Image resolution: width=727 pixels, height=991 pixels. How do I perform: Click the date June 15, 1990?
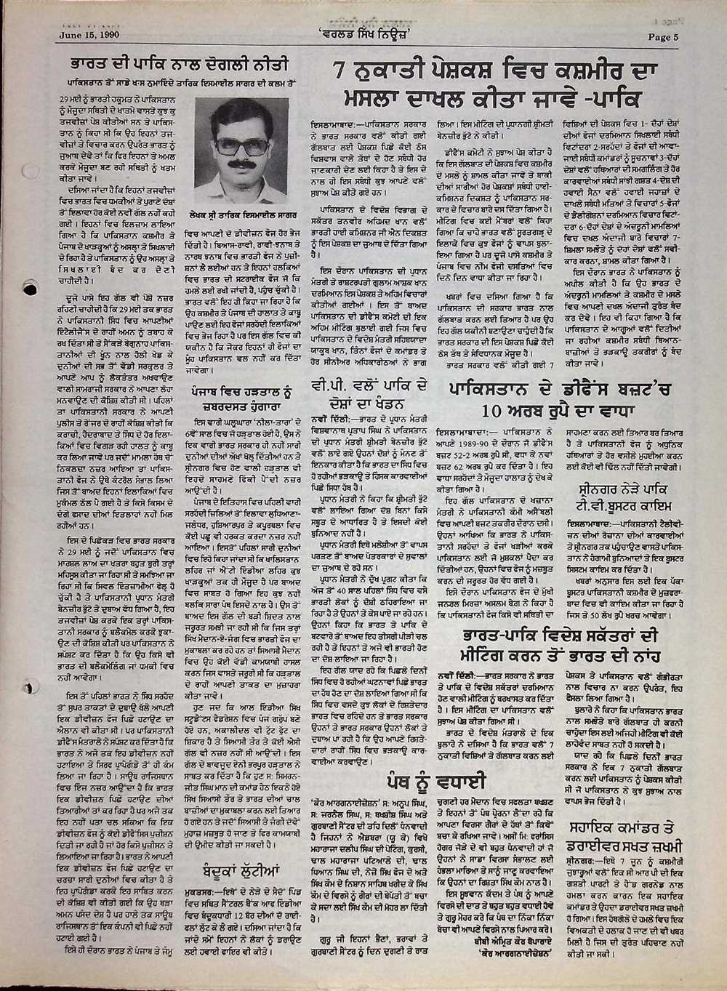89,33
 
